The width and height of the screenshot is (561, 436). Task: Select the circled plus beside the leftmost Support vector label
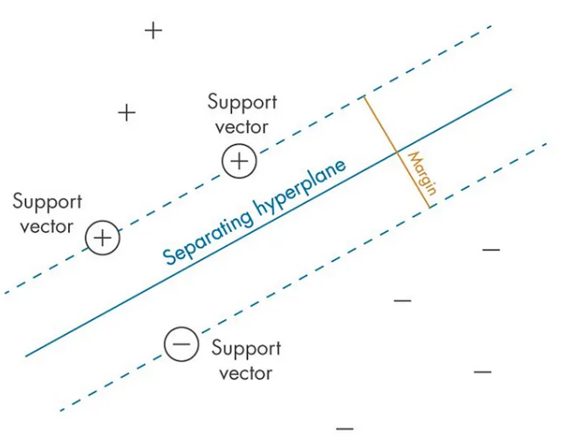tap(103, 237)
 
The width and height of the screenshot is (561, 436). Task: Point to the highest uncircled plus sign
tap(154, 31)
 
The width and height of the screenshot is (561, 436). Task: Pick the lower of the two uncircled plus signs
tap(127, 112)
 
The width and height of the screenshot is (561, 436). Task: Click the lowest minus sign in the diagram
tap(345, 428)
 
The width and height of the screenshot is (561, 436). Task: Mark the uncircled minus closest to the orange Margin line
tap(491, 250)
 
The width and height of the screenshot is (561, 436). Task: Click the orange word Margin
tap(421, 174)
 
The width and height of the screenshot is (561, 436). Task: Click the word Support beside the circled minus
tap(247, 349)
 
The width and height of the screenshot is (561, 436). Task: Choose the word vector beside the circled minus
tap(246, 374)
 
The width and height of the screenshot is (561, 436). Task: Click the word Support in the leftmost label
tap(47, 202)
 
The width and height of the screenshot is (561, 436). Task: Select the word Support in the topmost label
tap(243, 102)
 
